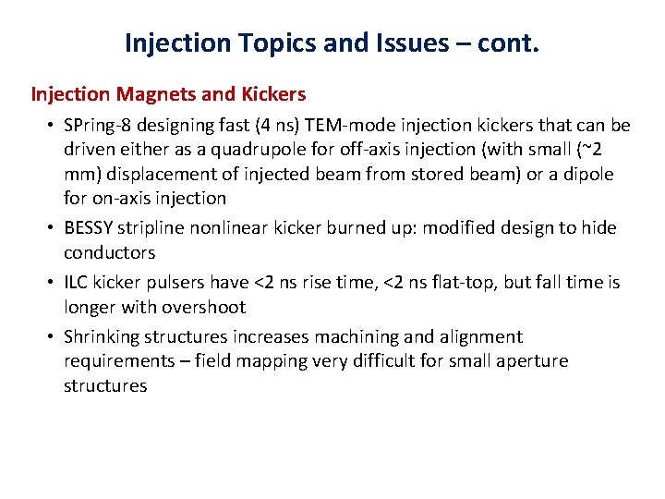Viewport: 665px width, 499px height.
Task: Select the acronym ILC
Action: pos(78,282)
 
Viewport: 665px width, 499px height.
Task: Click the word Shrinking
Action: pos(101,336)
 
